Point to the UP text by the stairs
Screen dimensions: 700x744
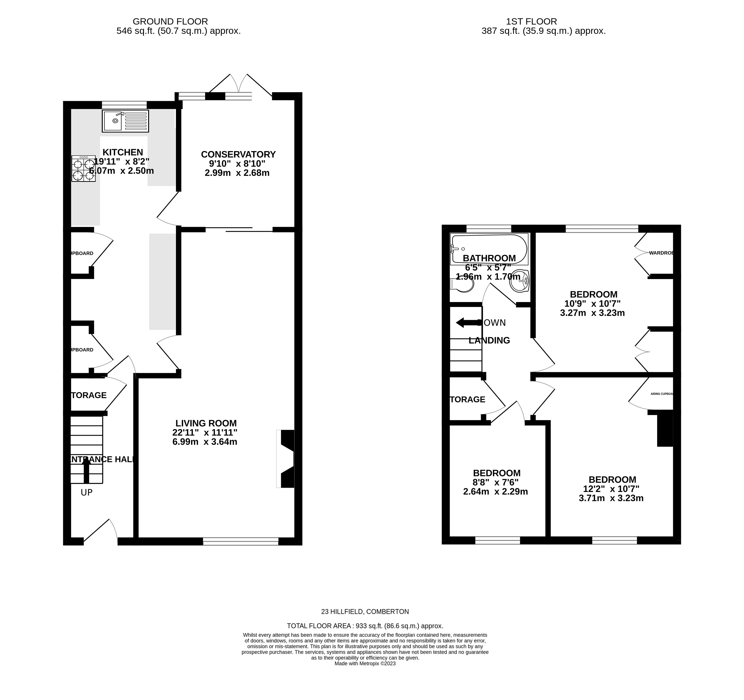pyautogui.click(x=86, y=493)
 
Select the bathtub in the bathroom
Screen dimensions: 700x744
pyautogui.click(x=489, y=249)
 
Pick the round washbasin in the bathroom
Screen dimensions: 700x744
pyautogui.click(x=519, y=281)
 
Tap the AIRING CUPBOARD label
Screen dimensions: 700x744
pyautogui.click(x=662, y=394)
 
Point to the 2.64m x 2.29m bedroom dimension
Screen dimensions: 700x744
pyautogui.click(x=495, y=492)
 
